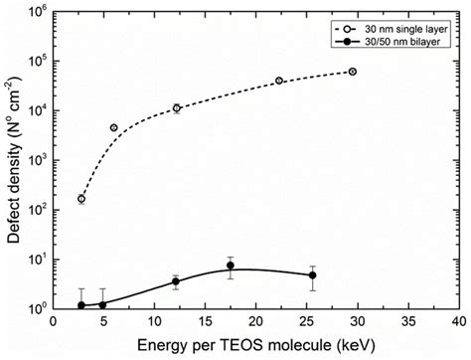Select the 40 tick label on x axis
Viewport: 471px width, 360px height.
[456, 323]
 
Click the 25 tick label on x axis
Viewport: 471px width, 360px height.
[305, 323]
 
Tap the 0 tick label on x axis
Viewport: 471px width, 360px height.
[54, 323]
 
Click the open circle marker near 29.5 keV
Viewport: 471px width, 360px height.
[352, 72]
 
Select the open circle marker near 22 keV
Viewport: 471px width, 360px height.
[279, 81]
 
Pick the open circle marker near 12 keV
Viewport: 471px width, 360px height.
[176, 108]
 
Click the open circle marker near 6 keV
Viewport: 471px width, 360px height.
[114, 127]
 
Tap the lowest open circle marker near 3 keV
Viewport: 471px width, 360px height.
[81, 199]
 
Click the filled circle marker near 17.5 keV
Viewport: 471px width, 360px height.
[230, 266]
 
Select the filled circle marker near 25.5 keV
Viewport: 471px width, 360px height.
[312, 275]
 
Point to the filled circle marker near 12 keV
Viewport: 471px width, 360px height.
[176, 281]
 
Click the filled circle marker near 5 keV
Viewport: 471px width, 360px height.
[102, 304]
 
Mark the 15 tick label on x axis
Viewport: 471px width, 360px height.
[205, 323]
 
